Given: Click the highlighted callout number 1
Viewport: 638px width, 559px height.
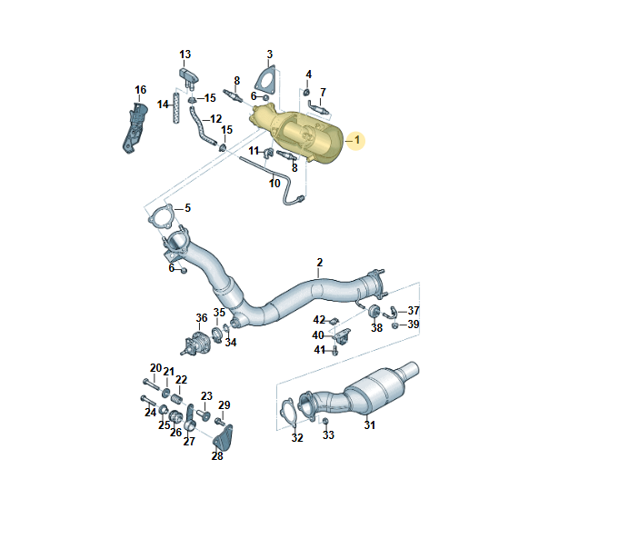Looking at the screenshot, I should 357,140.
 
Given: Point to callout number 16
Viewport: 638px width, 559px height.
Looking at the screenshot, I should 140,89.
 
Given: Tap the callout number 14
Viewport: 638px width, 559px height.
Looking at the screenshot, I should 162,105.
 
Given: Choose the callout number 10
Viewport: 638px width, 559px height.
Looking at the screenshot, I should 274,184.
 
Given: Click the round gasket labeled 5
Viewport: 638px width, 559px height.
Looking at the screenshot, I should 162,220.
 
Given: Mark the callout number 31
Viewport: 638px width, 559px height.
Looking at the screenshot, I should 369,424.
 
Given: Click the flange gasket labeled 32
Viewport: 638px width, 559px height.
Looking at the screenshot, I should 290,411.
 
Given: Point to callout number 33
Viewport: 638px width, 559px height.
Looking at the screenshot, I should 329,435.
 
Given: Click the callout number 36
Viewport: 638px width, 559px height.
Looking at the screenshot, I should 202,317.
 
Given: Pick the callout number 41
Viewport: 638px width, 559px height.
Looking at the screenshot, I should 320,350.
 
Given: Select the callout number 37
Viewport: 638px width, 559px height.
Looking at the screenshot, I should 414,310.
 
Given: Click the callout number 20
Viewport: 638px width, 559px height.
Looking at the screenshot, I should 155,368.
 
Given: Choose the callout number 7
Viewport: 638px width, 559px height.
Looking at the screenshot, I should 323,92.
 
